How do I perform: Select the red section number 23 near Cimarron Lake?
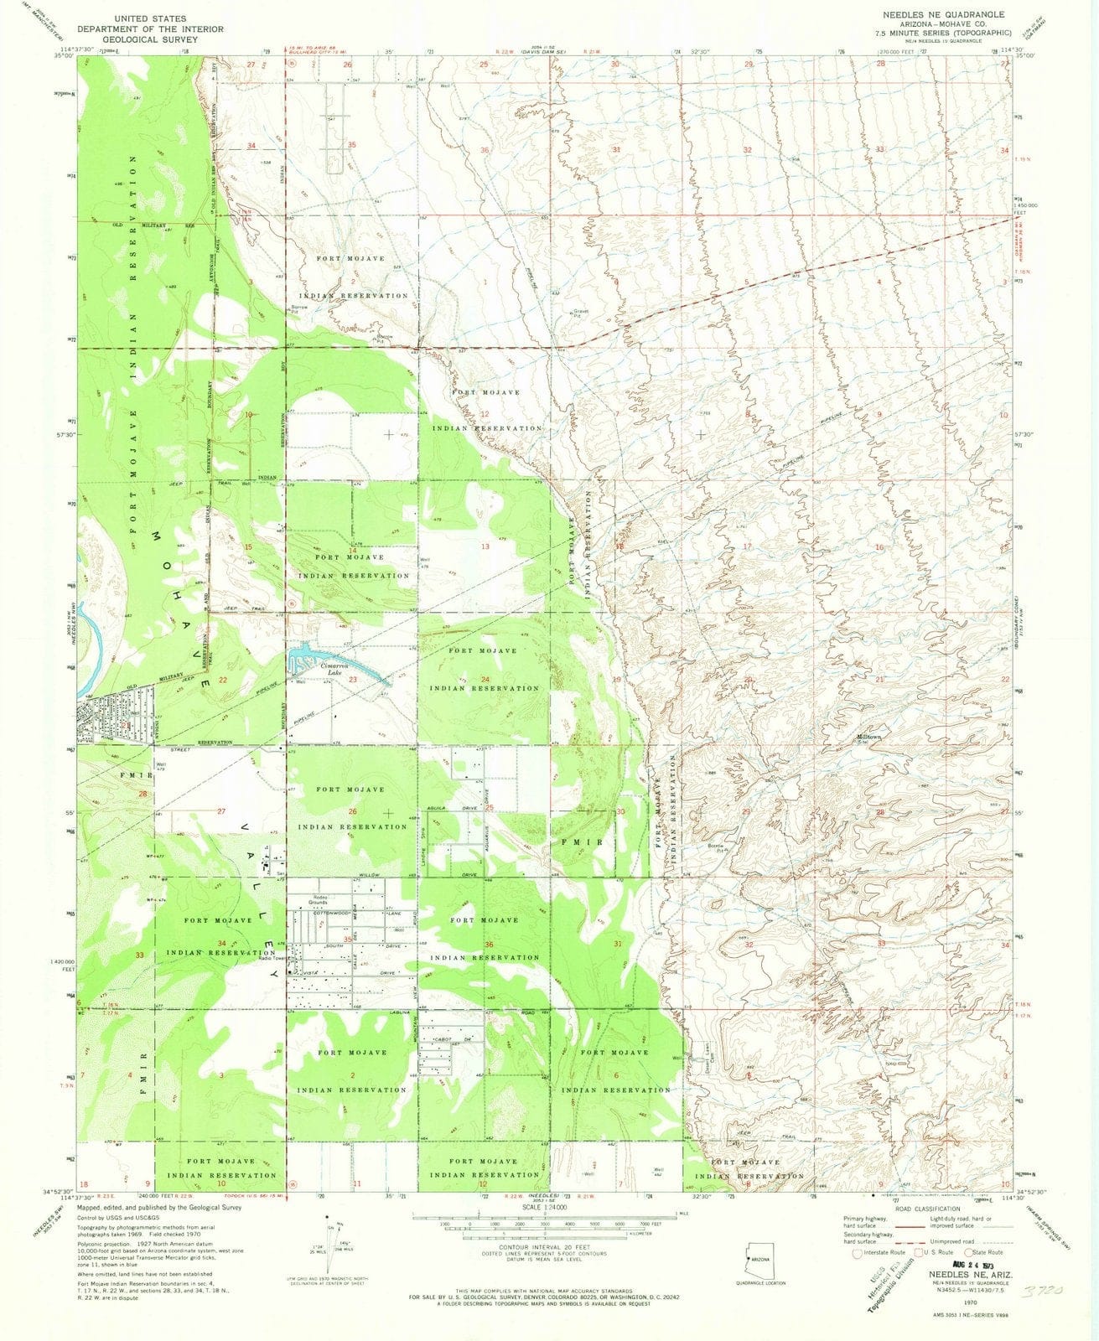[354, 680]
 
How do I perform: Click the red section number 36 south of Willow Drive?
[489, 945]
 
